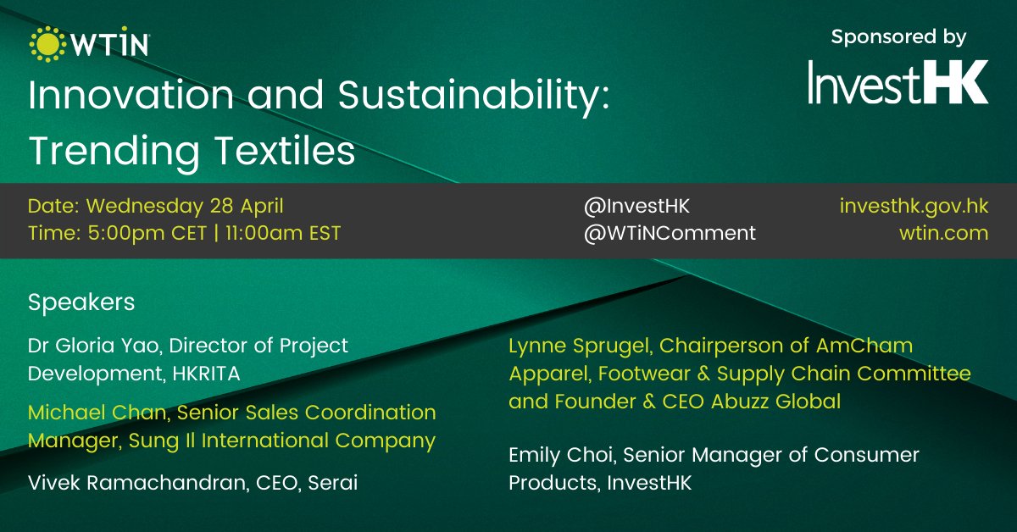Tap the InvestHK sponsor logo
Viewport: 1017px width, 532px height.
pyautogui.click(x=898, y=82)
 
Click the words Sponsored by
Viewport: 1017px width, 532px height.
pyautogui.click(x=898, y=37)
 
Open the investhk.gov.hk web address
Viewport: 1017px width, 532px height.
pyautogui.click(x=914, y=206)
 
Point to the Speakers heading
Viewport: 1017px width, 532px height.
pyautogui.click(x=81, y=302)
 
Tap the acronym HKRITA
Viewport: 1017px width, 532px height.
pyautogui.click(x=204, y=373)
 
